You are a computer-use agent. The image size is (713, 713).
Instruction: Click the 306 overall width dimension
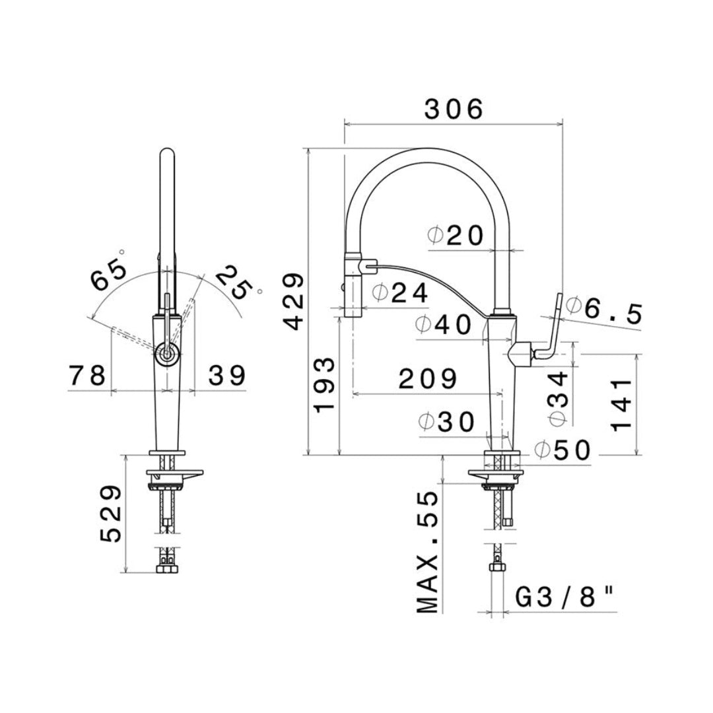(x=454, y=110)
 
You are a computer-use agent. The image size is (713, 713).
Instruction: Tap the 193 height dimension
(x=324, y=385)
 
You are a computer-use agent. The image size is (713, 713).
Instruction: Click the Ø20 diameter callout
(x=455, y=236)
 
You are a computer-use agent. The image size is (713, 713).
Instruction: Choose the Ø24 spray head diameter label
(x=400, y=293)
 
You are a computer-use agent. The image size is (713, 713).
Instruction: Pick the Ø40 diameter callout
(x=444, y=325)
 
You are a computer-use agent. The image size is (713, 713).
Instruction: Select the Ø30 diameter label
(x=446, y=423)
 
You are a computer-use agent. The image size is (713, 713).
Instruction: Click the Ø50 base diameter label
(x=562, y=451)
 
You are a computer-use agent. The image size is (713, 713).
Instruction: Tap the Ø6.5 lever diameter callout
(x=603, y=310)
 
